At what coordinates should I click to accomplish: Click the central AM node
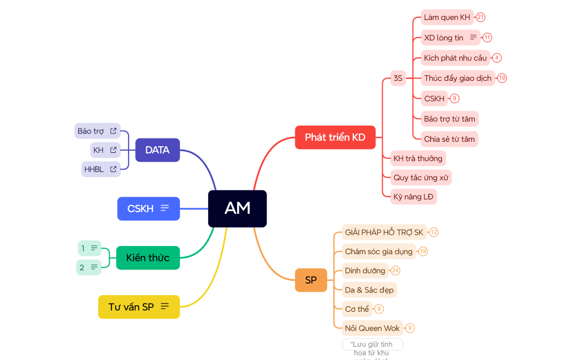click(237, 208)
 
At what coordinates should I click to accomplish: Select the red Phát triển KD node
click(335, 137)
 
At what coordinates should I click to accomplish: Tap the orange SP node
click(311, 280)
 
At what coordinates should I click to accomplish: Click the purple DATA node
click(157, 150)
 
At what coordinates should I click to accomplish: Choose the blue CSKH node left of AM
click(148, 209)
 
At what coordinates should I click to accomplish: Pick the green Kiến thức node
click(148, 258)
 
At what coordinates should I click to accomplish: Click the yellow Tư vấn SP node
click(138, 307)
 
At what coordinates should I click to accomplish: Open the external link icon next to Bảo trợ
click(114, 131)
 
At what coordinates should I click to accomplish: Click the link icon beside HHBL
click(114, 169)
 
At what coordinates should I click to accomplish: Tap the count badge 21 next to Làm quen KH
click(480, 17)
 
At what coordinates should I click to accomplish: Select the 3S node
click(398, 78)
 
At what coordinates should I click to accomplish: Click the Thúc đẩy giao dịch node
click(457, 78)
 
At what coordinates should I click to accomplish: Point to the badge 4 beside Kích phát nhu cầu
click(497, 58)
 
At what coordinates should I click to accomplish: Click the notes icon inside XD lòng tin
click(473, 38)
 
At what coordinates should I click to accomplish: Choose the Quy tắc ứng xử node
click(420, 178)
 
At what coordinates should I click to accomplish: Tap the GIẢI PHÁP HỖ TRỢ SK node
click(384, 232)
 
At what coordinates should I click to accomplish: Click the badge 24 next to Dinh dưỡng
click(395, 271)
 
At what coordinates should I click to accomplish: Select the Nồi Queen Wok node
click(372, 328)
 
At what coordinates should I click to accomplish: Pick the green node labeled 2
click(89, 268)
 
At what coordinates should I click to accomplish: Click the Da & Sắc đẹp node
click(369, 290)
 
